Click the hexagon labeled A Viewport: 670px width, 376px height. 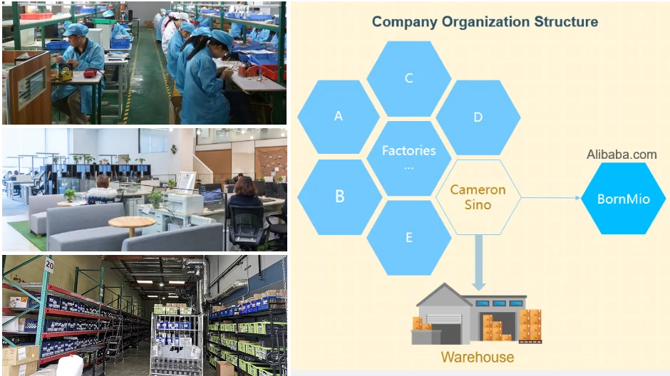[339, 117]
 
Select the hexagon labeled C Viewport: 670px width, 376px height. [408, 78]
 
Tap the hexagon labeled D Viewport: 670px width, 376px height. [478, 117]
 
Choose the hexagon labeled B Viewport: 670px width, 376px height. [339, 197]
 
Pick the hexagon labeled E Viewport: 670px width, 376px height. [408, 237]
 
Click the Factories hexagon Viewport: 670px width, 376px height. [408, 157]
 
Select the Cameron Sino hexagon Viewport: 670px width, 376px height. [478, 197]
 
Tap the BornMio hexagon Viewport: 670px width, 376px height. [623, 199]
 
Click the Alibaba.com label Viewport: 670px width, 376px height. [622, 155]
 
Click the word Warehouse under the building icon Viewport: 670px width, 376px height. [478, 357]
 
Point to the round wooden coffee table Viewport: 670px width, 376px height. [132, 223]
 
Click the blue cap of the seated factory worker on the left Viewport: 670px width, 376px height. [75, 30]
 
